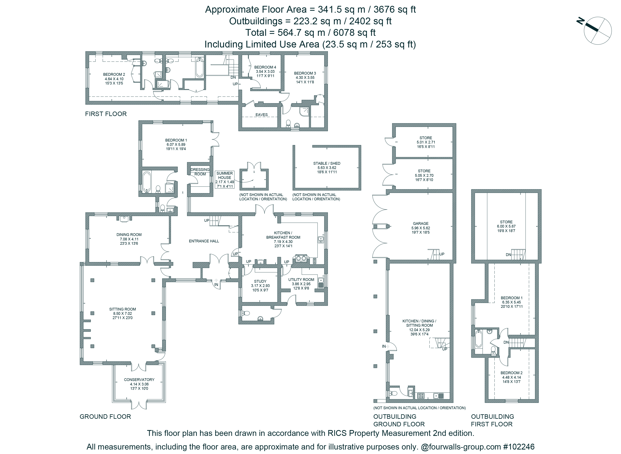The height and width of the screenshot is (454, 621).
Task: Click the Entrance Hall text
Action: pyautogui.click(x=204, y=241)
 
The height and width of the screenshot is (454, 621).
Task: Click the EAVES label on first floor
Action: pyautogui.click(x=262, y=115)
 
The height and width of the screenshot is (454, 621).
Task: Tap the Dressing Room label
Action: pyautogui.click(x=200, y=172)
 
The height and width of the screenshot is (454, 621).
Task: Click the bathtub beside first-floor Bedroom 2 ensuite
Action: pyautogui.click(x=200, y=68)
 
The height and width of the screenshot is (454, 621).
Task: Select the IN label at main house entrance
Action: pyautogui.click(x=216, y=284)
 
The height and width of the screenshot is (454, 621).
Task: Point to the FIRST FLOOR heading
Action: pyautogui.click(x=106, y=114)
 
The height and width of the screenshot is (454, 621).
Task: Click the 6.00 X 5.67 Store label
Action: pyautogui.click(x=506, y=226)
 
